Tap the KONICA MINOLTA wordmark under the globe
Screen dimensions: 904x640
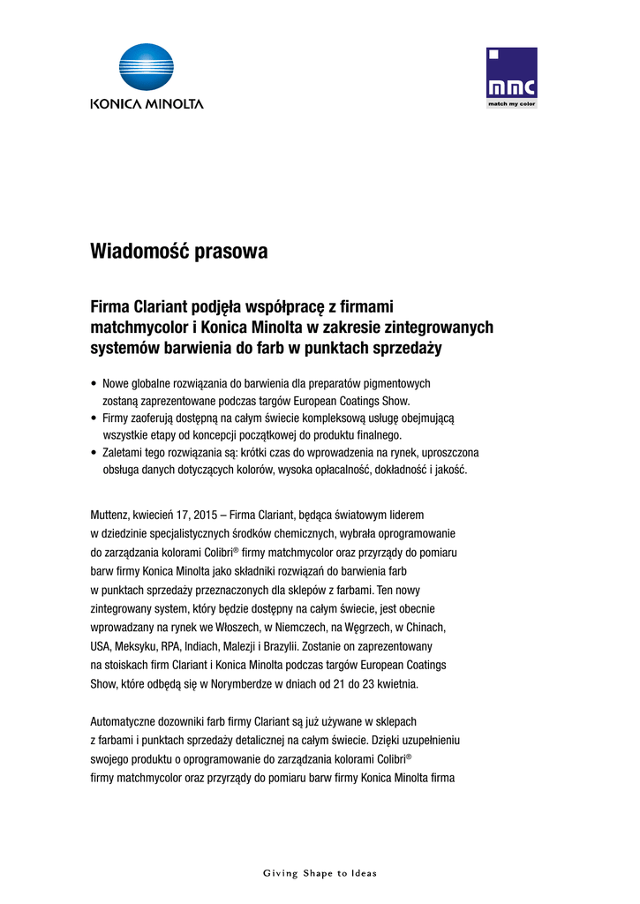(147, 103)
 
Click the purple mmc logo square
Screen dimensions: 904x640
(512, 73)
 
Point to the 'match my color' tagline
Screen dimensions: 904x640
(512, 104)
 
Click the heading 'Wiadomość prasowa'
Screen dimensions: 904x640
(179, 252)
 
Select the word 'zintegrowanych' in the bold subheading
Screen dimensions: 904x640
(435, 328)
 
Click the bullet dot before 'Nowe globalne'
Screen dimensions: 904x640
(94, 384)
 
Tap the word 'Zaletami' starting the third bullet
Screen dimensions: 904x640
(124, 452)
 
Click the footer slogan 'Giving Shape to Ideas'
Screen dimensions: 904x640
(320, 873)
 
